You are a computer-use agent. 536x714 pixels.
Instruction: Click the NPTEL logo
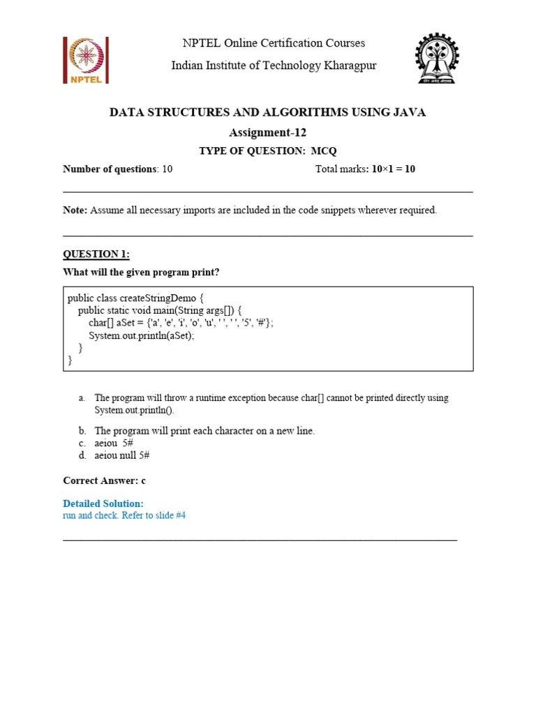point(86,60)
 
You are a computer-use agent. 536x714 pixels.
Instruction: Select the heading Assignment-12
point(268,132)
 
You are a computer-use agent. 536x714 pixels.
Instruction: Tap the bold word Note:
point(75,210)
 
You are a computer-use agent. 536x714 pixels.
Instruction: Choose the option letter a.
point(82,398)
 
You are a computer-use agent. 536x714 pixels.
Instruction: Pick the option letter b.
point(82,431)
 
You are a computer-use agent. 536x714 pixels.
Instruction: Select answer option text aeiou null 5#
point(122,455)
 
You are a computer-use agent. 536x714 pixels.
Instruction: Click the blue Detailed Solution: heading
point(103,503)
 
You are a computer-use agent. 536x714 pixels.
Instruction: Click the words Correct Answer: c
point(105,480)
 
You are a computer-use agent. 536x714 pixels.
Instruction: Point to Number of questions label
point(110,169)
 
